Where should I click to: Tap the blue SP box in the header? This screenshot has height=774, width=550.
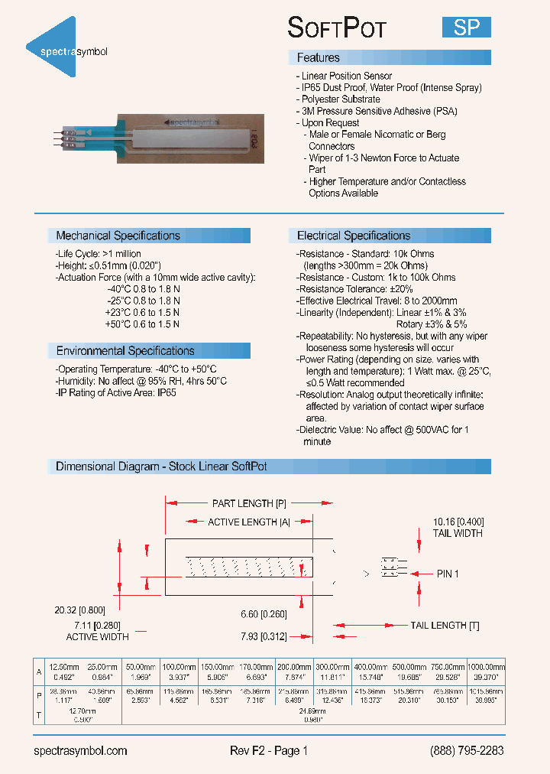(466, 28)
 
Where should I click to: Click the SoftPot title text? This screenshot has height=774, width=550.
(337, 28)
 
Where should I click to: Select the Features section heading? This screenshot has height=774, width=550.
(319, 58)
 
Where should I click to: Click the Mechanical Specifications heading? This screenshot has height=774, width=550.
(118, 236)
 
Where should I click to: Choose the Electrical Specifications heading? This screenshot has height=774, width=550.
(354, 236)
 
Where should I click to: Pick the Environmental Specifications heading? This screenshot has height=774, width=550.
(125, 351)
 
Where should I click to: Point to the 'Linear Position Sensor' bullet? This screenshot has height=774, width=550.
(345, 76)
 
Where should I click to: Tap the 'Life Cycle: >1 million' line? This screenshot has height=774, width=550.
(98, 254)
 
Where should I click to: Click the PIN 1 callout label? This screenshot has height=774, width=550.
(448, 573)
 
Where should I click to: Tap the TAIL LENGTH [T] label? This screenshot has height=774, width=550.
(445, 625)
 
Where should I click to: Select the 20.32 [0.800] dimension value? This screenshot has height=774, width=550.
(79, 610)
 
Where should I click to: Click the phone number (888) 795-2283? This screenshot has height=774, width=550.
(467, 750)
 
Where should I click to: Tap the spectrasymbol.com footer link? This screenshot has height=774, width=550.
(81, 750)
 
